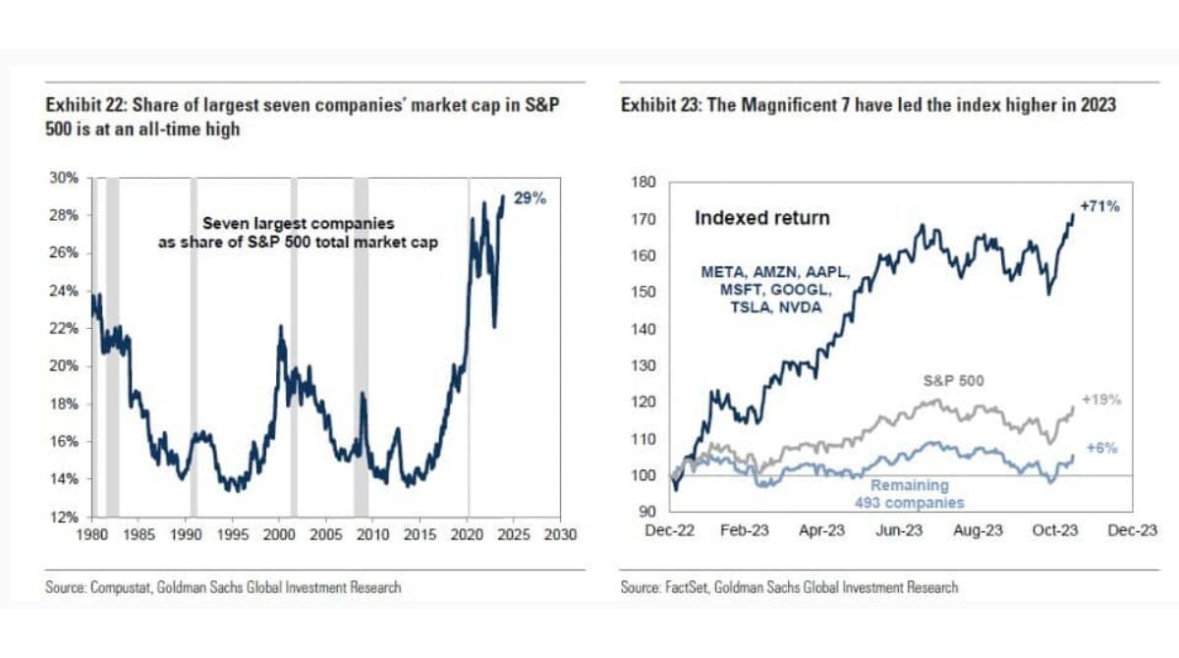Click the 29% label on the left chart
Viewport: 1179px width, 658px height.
coord(530,197)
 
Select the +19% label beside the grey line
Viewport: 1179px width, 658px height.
coord(1101,400)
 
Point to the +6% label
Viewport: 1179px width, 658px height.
coord(1099,447)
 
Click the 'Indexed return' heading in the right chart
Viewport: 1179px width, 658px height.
coord(761,217)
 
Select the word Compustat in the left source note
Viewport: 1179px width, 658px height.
coord(118,587)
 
